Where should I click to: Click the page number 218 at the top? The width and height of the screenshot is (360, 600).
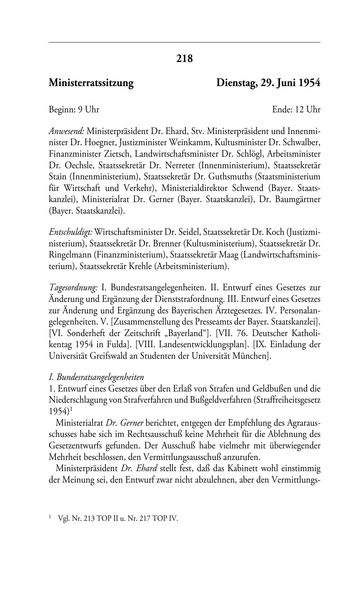[184, 58]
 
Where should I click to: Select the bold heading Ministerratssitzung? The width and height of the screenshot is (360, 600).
[91, 83]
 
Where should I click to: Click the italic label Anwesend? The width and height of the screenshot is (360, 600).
[67, 131]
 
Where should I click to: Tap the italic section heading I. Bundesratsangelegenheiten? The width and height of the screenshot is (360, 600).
[96, 377]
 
